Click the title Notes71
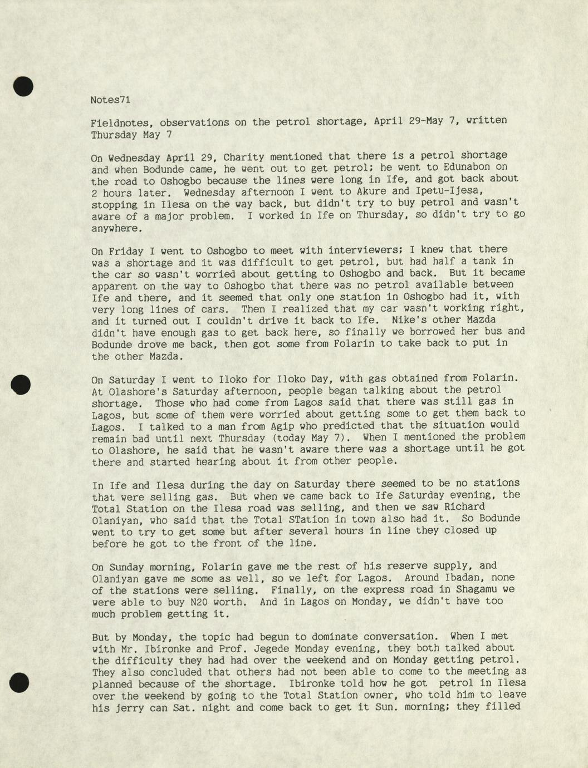coord(110,100)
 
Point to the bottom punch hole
coord(19,682)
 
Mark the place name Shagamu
coord(492,589)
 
